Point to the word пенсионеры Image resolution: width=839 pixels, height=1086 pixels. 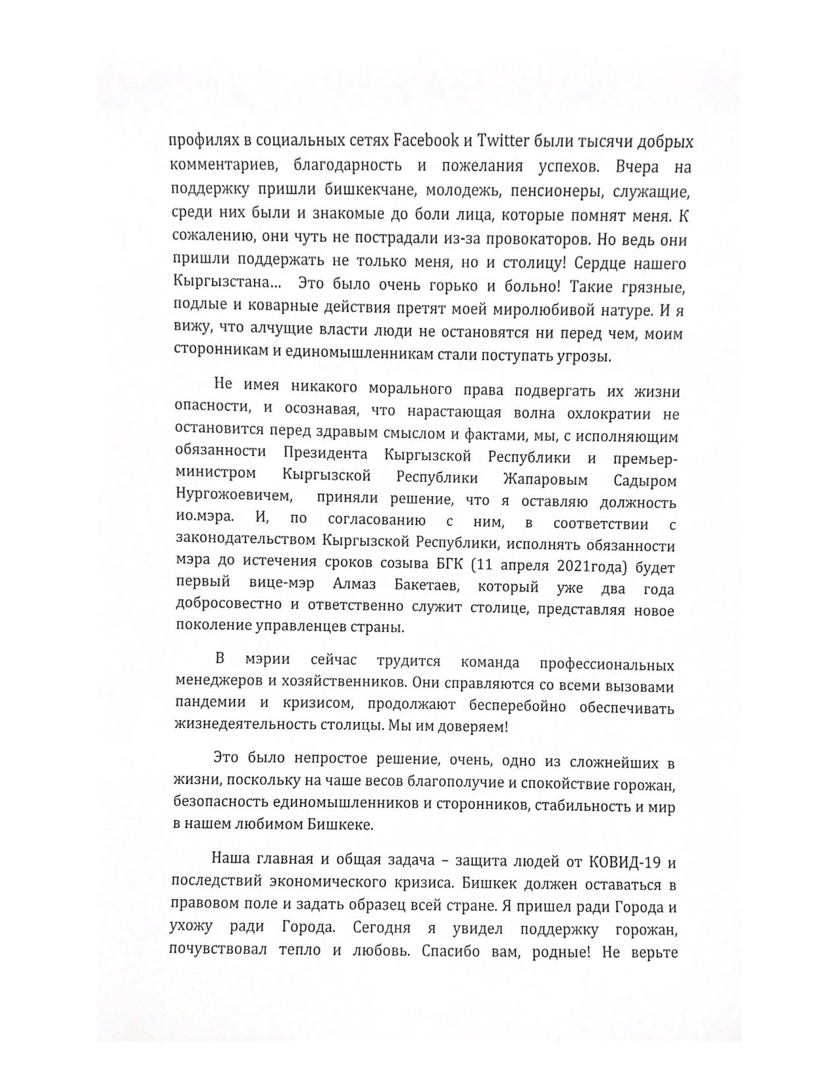(x=561, y=191)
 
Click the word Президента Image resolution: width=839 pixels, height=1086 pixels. (x=325, y=455)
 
